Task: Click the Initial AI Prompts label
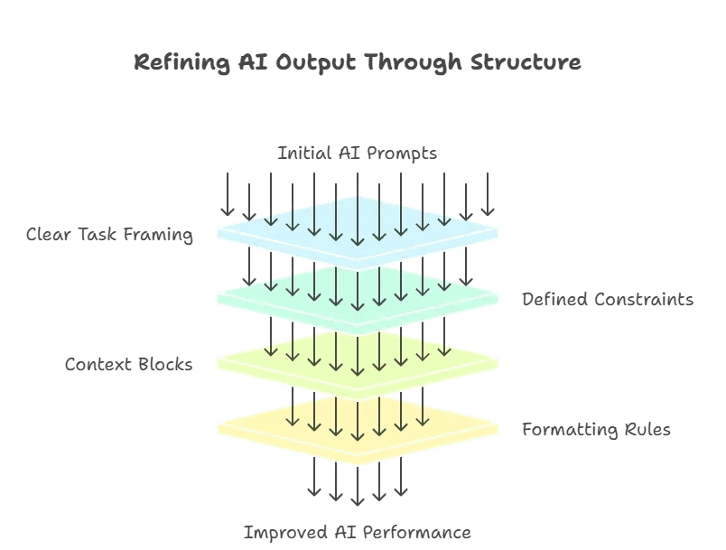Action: [357, 154]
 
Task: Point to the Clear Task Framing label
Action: [109, 235]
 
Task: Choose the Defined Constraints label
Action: [608, 300]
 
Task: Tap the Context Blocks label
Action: [128, 365]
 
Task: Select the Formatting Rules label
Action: [596, 430]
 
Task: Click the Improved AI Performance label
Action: [357, 533]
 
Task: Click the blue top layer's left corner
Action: [219, 233]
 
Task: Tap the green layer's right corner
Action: [498, 298]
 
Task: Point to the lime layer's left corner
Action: [219, 363]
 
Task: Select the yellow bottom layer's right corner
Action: [498, 428]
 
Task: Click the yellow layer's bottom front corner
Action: [358, 464]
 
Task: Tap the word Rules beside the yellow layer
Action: [647, 430]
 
